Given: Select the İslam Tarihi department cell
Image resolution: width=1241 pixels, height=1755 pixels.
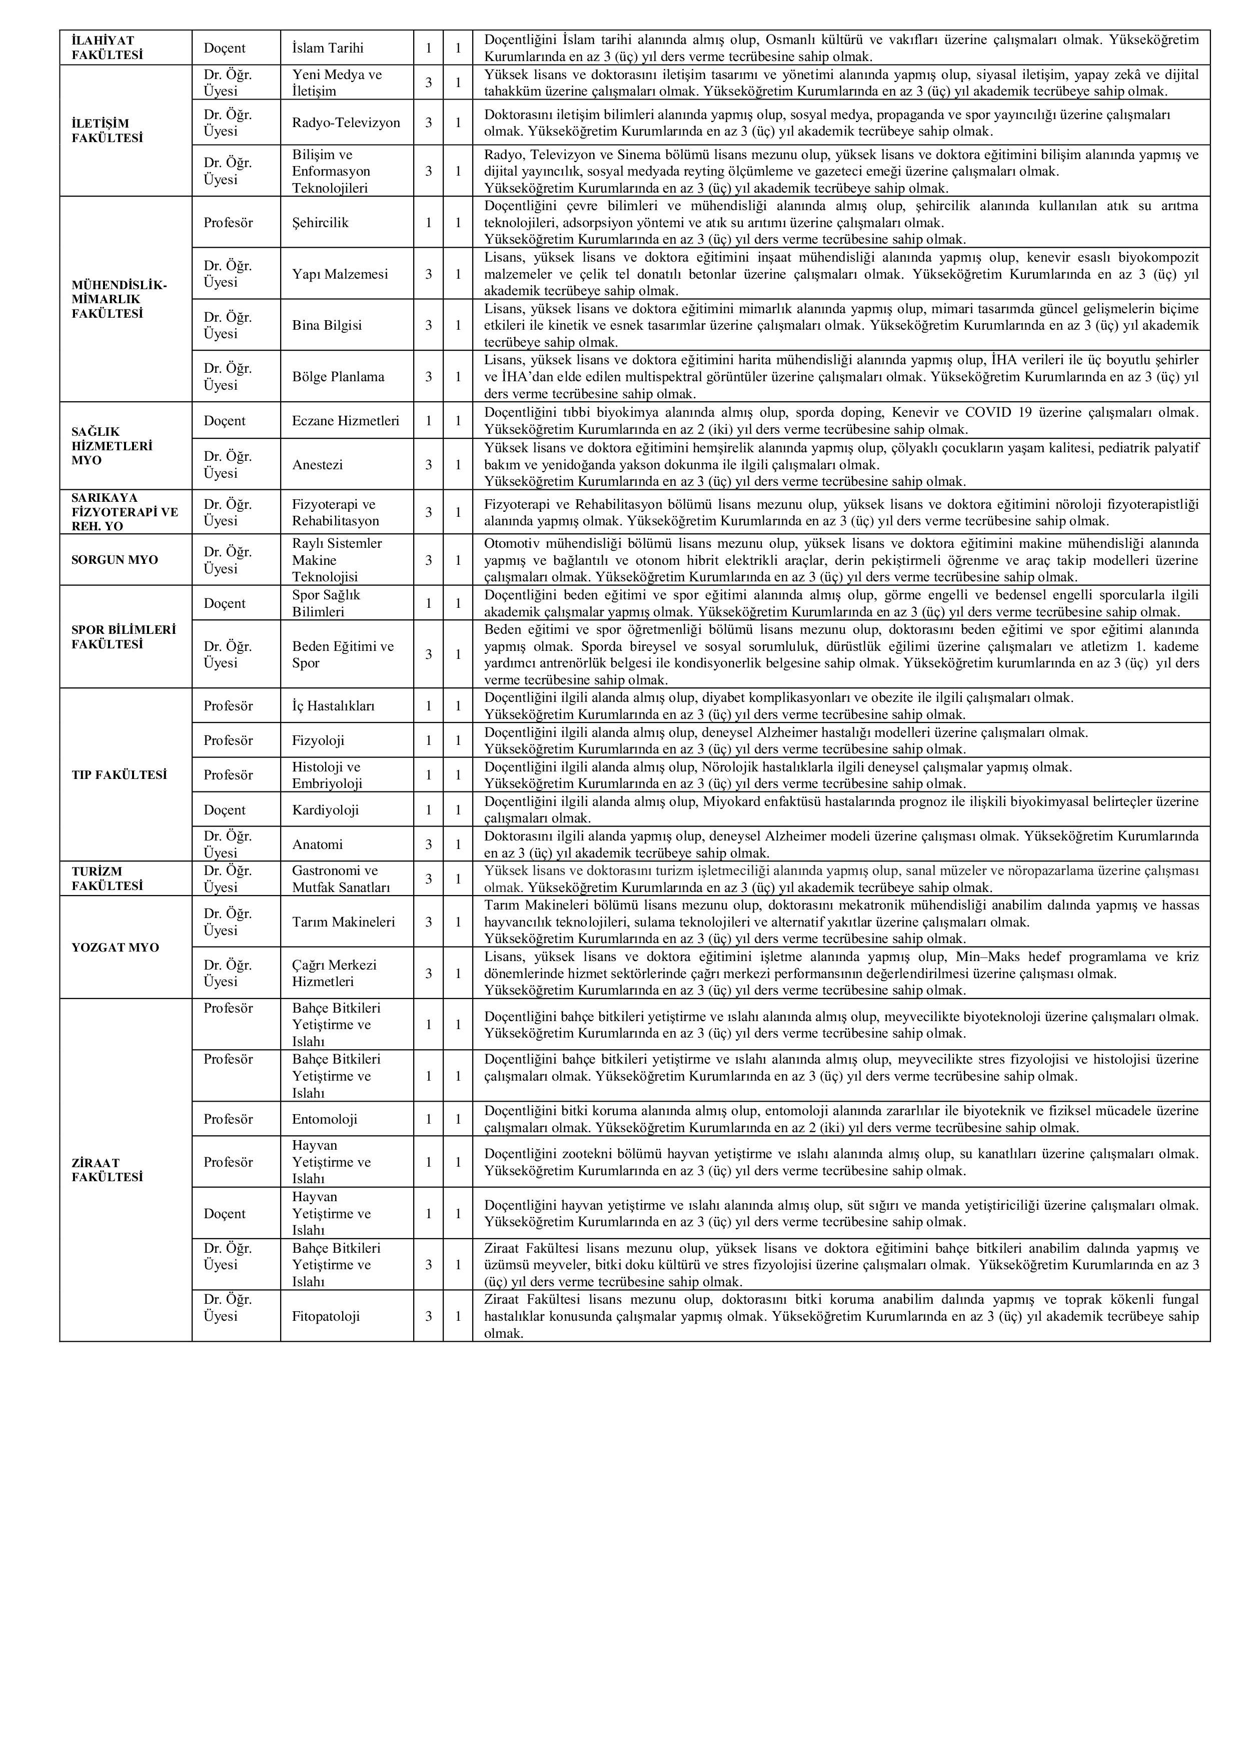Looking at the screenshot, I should coord(328,48).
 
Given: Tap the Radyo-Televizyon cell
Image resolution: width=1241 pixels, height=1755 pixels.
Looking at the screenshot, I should coord(346,122).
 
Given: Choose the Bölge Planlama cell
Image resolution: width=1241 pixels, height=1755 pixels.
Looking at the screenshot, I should coord(339,377).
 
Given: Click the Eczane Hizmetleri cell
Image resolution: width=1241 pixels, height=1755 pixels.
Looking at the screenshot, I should coord(346,420).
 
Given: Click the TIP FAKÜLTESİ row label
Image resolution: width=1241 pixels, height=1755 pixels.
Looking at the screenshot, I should coord(119,774).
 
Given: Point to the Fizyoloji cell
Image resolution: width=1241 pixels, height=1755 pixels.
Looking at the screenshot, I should coord(318,740).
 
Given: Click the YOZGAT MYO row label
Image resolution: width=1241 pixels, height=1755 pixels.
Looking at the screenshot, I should coord(116,947).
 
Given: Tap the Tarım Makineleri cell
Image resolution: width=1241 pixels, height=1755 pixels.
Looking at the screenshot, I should coord(344,922).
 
